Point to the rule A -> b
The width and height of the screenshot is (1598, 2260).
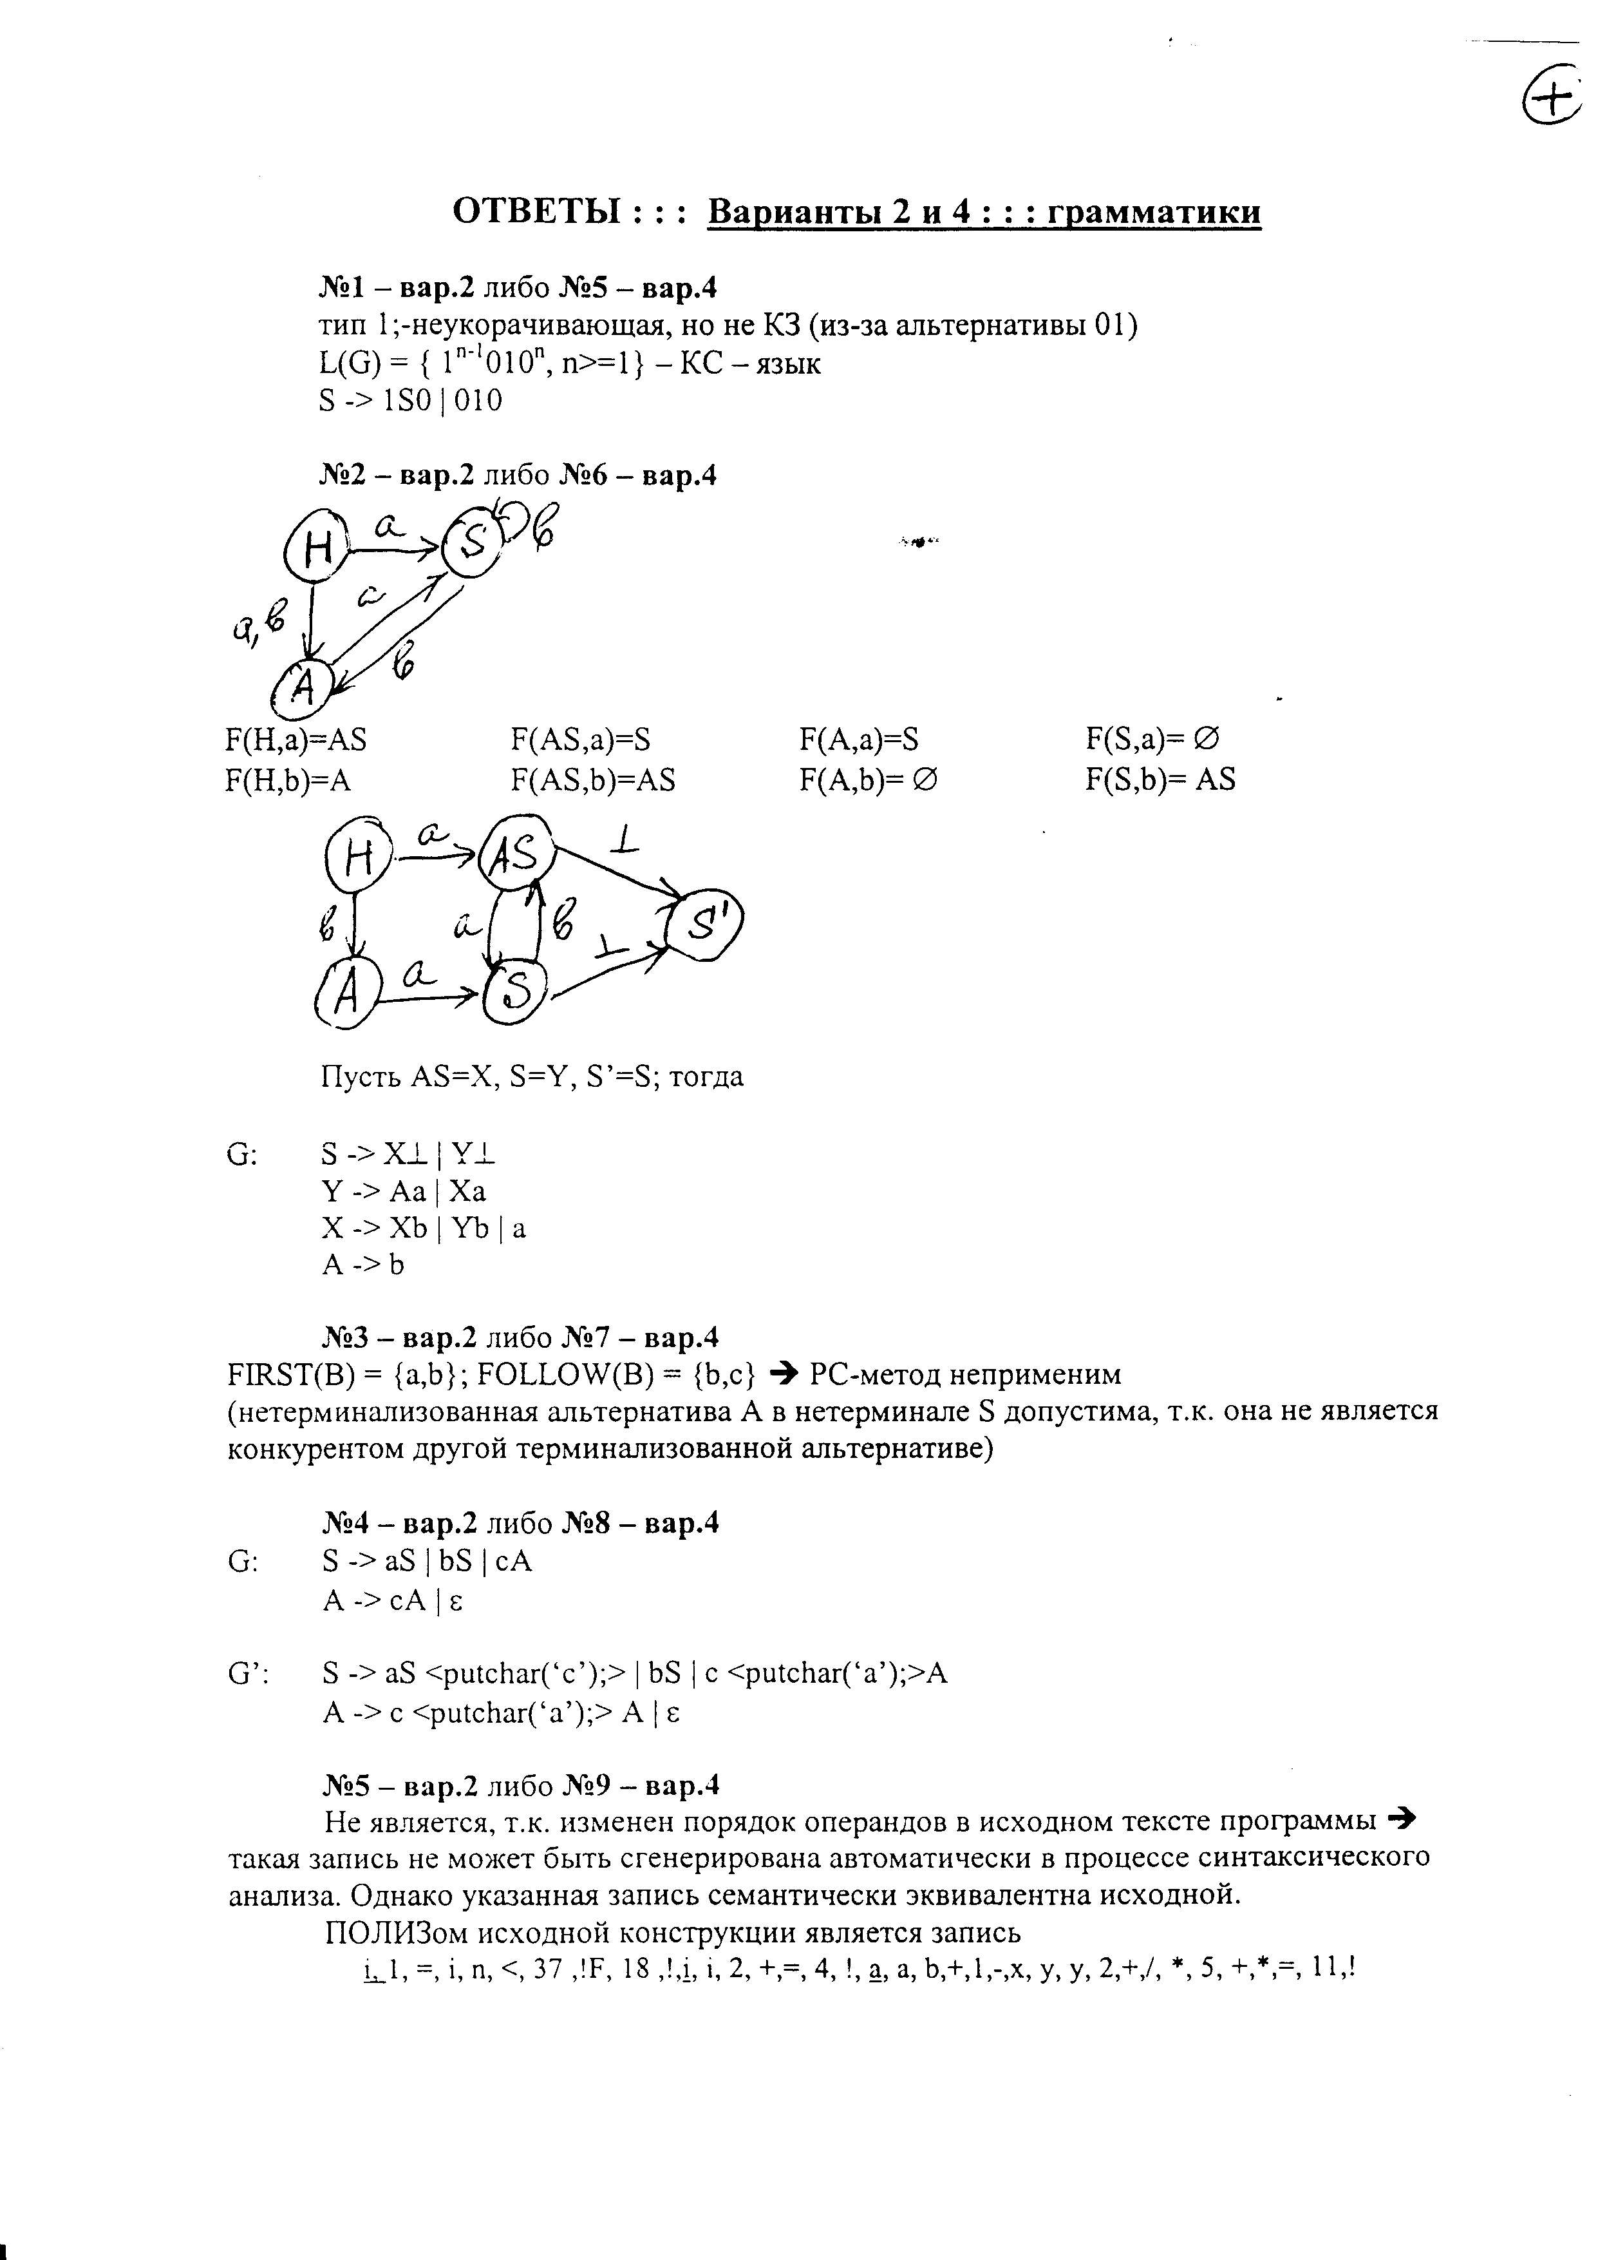click(x=363, y=1264)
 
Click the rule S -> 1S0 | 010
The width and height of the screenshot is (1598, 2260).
click(x=410, y=401)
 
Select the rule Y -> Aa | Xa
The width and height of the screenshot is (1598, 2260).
click(x=404, y=1191)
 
